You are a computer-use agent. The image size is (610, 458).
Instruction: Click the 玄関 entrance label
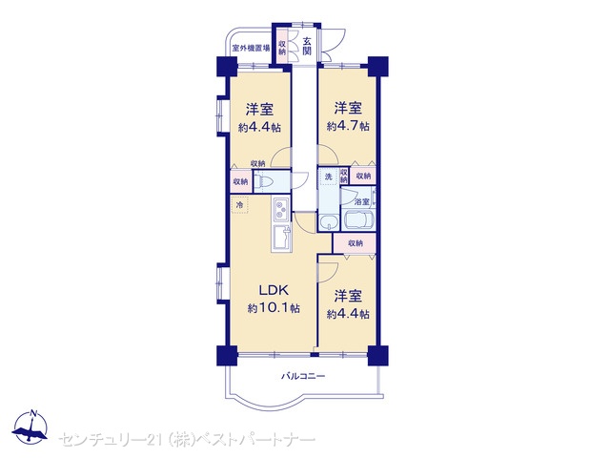(x=307, y=46)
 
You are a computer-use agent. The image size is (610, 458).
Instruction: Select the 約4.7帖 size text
(x=348, y=126)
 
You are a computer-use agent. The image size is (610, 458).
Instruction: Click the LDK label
(x=274, y=290)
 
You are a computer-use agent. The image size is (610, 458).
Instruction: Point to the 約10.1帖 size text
(x=274, y=308)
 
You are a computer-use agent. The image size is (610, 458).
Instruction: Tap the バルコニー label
(x=303, y=376)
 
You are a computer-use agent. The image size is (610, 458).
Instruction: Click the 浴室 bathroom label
(x=362, y=201)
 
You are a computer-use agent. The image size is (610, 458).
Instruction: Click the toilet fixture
(x=265, y=181)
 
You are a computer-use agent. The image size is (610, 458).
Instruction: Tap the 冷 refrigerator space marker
(x=239, y=204)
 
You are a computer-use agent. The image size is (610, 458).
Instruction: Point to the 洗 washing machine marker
(x=329, y=177)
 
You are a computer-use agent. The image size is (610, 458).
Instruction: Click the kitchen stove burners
(x=280, y=209)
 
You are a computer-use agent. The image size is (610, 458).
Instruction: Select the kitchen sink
(x=281, y=238)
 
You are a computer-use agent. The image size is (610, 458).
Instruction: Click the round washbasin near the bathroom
(x=329, y=223)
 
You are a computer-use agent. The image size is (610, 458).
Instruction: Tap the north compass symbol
(x=30, y=427)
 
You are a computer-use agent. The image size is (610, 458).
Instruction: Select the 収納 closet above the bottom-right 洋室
(x=355, y=243)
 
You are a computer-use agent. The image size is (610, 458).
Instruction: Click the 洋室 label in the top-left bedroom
(x=259, y=109)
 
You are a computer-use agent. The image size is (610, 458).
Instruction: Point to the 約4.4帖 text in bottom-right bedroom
(x=348, y=314)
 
